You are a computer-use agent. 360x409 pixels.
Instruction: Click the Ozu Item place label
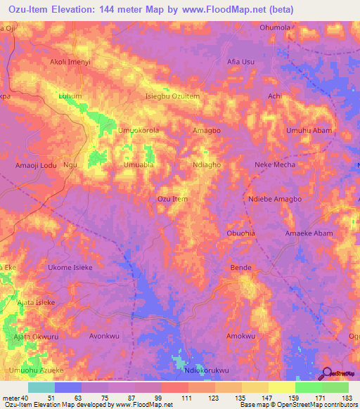(172, 200)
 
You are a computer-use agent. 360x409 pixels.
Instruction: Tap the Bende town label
(241, 268)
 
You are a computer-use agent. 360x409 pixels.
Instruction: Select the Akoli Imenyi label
(70, 63)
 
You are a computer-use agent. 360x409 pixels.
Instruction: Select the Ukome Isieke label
(69, 268)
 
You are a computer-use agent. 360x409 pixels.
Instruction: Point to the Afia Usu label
(240, 62)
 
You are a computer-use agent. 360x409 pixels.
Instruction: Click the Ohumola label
(275, 27)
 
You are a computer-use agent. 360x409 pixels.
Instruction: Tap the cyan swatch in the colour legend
(41, 387)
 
